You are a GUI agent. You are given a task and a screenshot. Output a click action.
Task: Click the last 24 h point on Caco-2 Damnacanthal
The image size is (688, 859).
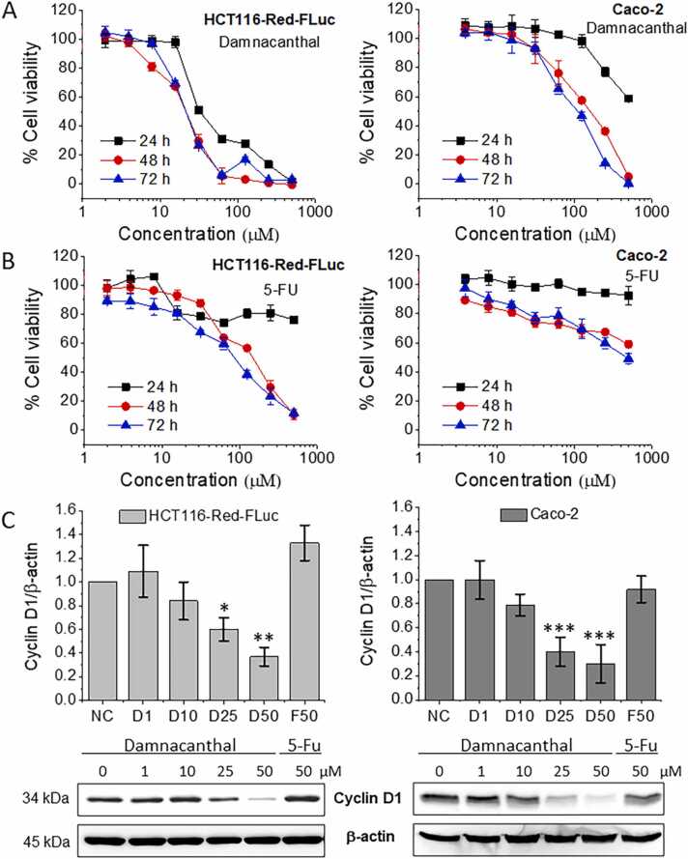[628, 99]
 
